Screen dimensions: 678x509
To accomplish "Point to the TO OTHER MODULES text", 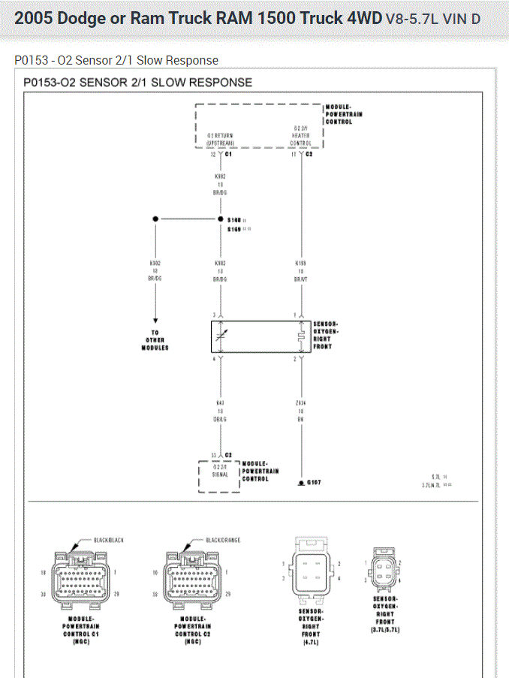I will tap(155, 340).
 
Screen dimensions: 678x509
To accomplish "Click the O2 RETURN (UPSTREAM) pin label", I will tap(220, 139).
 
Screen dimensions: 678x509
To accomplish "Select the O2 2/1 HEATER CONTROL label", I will tap(301, 135).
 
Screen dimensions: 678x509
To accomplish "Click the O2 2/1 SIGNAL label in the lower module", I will tap(219, 470).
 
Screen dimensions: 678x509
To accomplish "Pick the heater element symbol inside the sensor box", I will tap(301, 337).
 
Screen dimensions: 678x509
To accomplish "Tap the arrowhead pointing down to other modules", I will tap(155, 319).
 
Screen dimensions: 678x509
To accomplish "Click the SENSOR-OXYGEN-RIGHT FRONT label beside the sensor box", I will tap(326, 335).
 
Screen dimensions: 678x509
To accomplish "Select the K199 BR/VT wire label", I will tap(301, 271).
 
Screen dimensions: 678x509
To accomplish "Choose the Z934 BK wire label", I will tap(301, 410).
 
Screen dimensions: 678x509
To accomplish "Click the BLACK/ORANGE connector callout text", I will tap(223, 540).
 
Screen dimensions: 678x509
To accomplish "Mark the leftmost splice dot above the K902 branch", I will tap(155, 219).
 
